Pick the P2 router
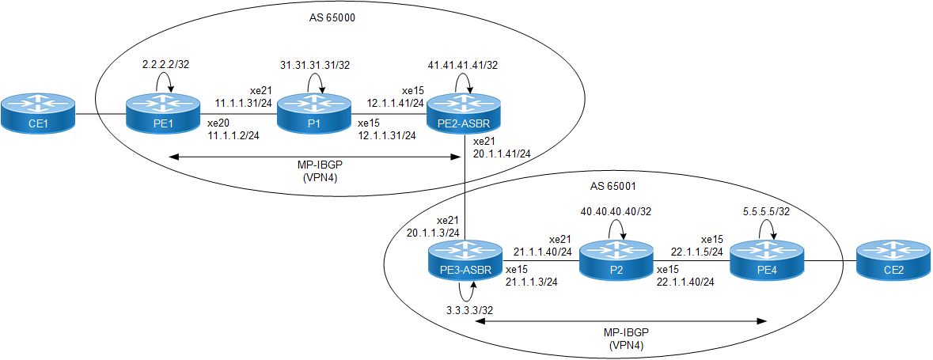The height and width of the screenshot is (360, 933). (616, 260)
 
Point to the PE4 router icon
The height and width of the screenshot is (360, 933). (766, 260)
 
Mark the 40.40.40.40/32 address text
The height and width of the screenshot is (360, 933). (616, 211)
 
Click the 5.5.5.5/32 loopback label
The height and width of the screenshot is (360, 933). (766, 211)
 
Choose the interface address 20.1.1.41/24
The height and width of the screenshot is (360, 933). (503, 153)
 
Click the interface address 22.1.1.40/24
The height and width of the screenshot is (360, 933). (685, 282)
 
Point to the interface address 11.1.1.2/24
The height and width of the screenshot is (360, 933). (233, 137)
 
